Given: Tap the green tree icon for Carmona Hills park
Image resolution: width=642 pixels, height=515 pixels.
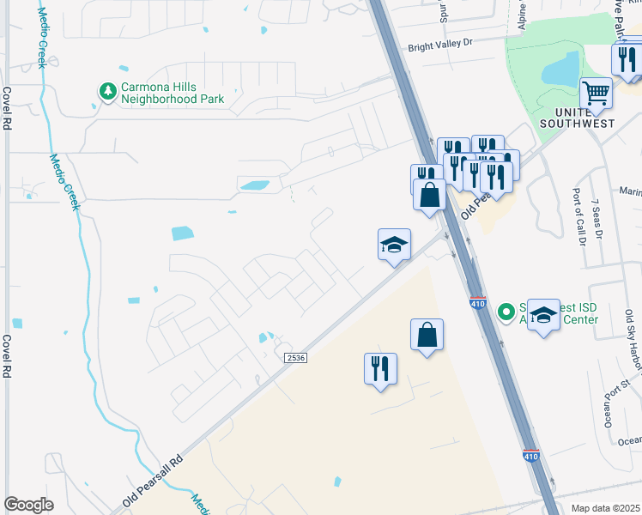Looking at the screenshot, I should point(107,91).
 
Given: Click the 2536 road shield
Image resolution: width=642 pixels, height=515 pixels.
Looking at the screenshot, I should point(295,357).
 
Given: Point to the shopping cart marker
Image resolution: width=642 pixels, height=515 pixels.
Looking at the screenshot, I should point(596,93).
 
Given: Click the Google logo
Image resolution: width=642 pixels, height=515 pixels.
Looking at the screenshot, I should point(28,505).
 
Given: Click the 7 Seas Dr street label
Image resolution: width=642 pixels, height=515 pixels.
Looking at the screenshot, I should point(595,220).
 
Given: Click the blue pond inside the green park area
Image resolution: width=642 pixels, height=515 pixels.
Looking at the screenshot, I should point(561,68).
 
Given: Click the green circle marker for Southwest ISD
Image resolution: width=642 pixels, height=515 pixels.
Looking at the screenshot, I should point(507,311).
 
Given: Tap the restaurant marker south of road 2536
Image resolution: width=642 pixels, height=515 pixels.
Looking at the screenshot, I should point(379,369).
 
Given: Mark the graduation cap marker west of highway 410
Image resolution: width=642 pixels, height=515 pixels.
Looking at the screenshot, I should point(395,245).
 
